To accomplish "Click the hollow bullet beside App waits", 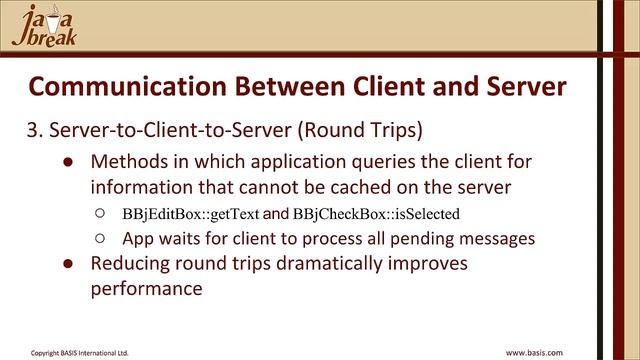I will (100, 239).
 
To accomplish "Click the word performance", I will (147, 289).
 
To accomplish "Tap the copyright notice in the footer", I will (79, 352).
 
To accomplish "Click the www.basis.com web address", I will (534, 352).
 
